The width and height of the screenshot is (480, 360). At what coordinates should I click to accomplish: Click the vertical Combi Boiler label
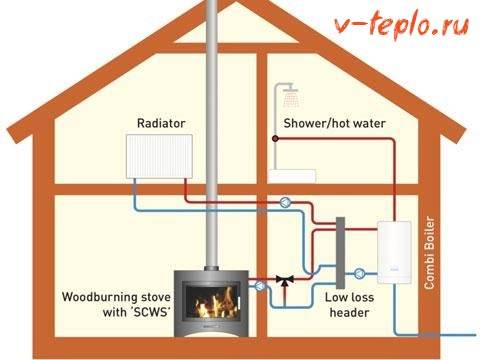[x=432, y=251]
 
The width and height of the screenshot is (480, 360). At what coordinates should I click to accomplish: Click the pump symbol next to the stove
[x=262, y=286]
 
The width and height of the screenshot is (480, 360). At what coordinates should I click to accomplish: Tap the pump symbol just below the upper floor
[x=288, y=201]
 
